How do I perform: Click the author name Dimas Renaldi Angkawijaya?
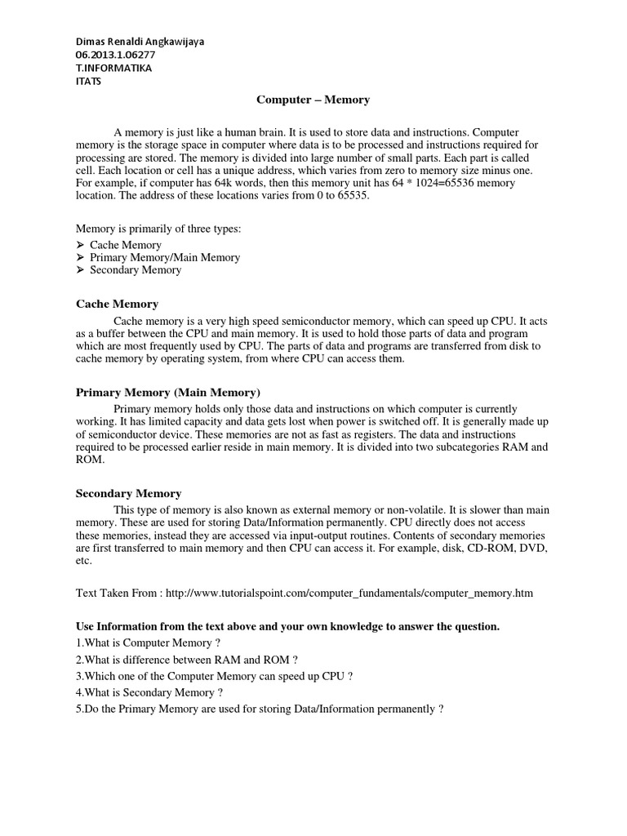[140, 42]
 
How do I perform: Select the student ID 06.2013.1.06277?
[115, 55]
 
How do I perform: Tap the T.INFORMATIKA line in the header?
[113, 68]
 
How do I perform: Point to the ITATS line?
[89, 81]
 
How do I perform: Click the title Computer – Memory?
[313, 100]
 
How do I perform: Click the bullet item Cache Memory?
[126, 245]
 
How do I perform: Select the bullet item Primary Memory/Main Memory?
[165, 257]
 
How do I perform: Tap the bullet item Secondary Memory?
[136, 269]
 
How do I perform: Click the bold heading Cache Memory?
[117, 304]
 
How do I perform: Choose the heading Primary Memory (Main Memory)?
[168, 392]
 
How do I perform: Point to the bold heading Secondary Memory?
[129, 493]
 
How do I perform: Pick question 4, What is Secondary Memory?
[149, 692]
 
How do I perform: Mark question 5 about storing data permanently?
[260, 709]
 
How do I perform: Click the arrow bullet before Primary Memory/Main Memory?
[80, 257]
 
